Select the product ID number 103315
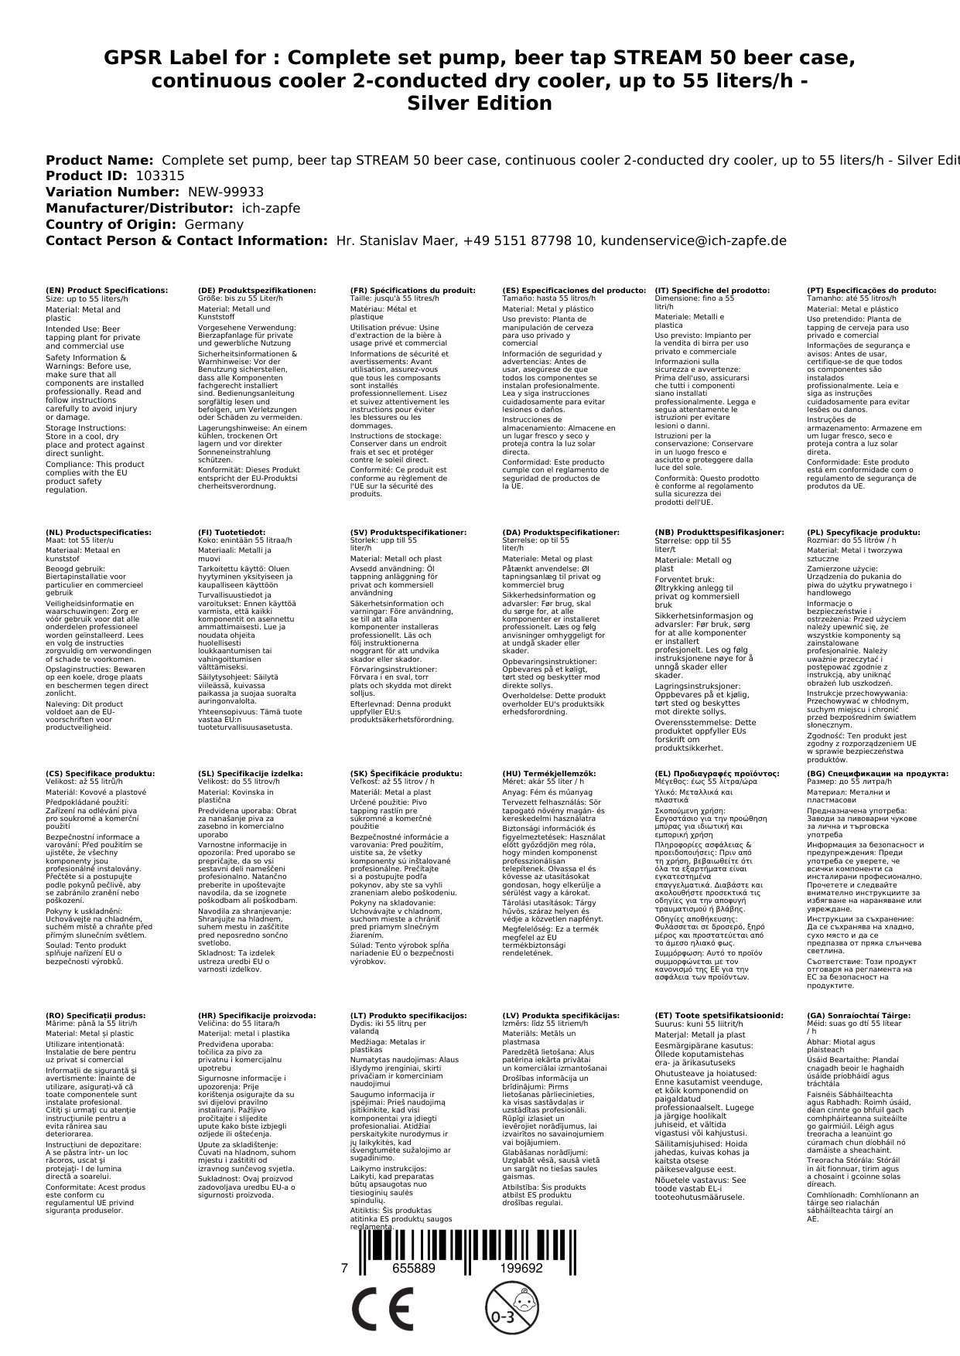tap(160, 175)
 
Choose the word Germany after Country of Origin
tap(214, 224)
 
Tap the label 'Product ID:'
tap(87, 175)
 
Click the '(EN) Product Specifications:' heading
tap(107, 290)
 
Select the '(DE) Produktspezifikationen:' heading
tap(257, 290)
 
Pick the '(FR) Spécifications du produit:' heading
tap(412, 290)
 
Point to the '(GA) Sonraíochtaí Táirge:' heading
tap(858, 1015)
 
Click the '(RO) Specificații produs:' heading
tap(96, 1015)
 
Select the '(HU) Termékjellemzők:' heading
tap(549, 773)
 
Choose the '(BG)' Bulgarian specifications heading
tap(877, 773)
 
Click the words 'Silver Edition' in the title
tap(480, 104)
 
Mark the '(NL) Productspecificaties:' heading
tap(99, 533)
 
